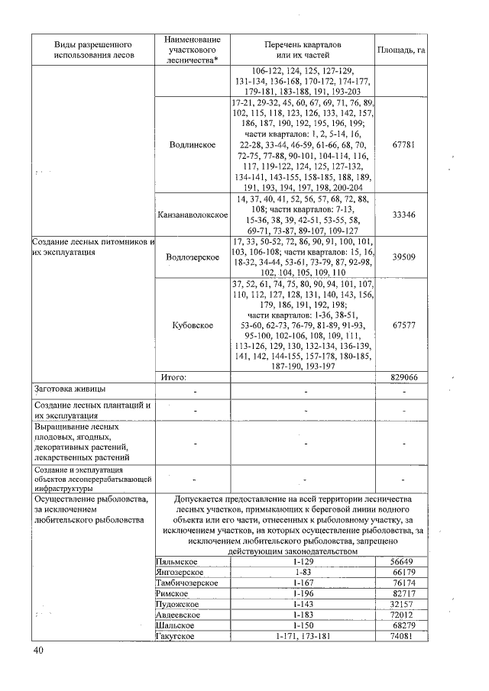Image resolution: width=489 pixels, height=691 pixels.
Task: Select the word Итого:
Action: (173, 376)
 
